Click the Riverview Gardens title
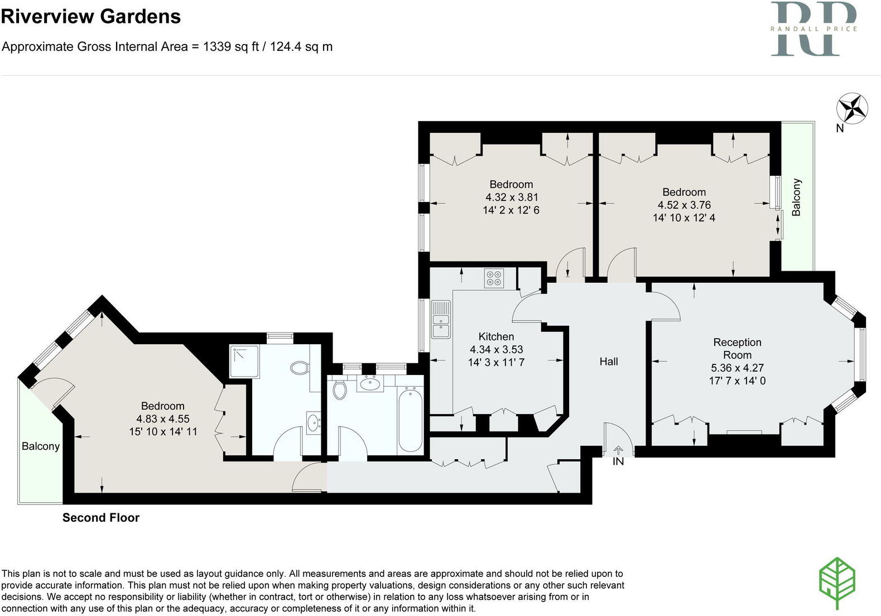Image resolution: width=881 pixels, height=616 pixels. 91,16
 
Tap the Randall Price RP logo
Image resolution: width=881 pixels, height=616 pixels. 813,28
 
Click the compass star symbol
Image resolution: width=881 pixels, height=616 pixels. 852,108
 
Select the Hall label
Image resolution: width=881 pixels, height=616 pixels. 608,362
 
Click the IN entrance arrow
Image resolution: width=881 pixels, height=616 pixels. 618,451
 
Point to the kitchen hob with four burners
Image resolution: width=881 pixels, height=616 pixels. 494,278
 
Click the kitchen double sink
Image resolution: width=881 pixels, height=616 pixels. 441,320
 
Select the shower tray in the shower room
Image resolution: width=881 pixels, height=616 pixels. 244,361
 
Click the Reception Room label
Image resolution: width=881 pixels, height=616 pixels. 737,349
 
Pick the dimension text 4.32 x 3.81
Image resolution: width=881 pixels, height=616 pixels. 511,198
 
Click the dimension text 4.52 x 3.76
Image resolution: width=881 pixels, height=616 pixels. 684,205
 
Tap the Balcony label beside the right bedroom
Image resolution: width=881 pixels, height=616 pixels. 796,197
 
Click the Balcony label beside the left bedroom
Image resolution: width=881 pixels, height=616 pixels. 40,446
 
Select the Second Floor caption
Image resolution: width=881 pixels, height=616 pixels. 101,518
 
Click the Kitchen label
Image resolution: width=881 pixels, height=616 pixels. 496,336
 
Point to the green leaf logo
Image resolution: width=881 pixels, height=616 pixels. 837,582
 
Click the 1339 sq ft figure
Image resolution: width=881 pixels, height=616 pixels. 230,47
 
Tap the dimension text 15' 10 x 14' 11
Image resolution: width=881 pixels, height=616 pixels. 163,431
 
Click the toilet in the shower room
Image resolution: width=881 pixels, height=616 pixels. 300,368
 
